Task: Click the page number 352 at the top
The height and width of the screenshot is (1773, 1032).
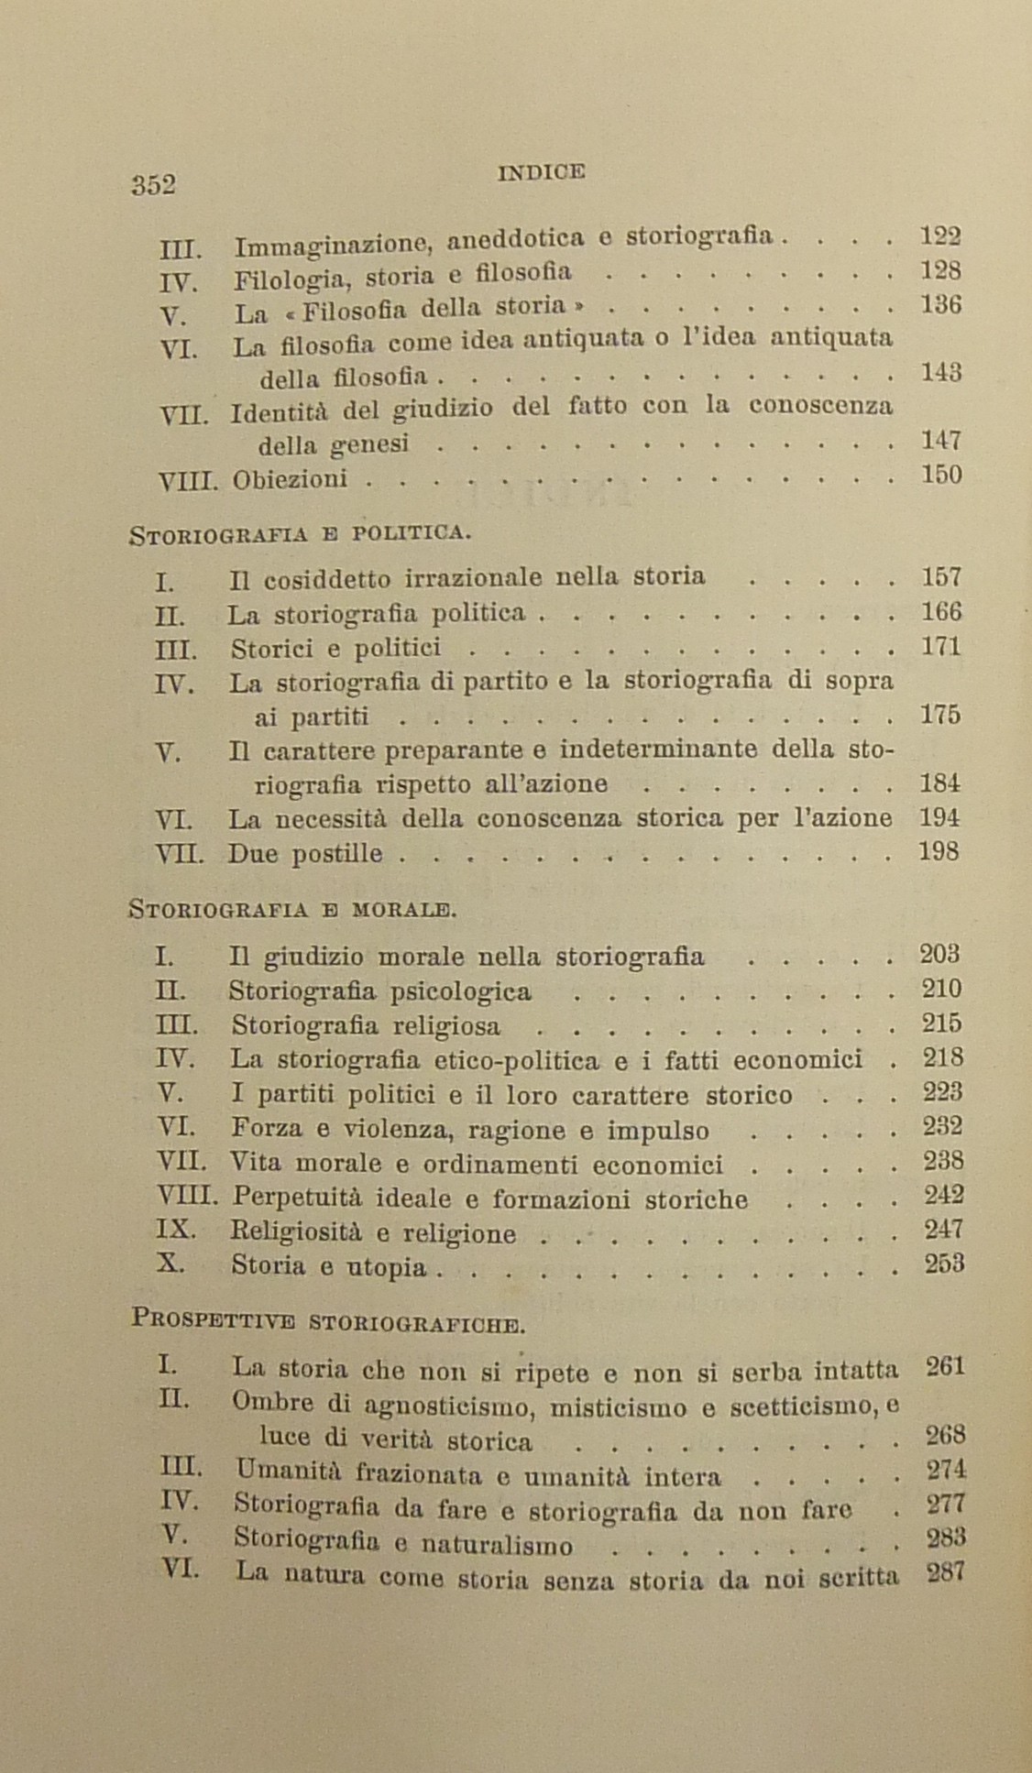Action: pyautogui.click(x=152, y=184)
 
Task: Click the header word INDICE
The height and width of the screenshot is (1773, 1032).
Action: pyautogui.click(x=541, y=170)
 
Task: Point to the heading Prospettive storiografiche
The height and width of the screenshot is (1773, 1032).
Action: pyautogui.click(x=327, y=1321)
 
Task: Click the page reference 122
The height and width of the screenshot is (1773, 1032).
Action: pyautogui.click(x=939, y=236)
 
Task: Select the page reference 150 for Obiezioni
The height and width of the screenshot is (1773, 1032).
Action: pyautogui.click(x=940, y=475)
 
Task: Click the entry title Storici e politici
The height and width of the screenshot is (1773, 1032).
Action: pyautogui.click(x=335, y=649)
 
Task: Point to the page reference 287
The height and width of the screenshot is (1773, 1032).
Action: pyautogui.click(x=944, y=1574)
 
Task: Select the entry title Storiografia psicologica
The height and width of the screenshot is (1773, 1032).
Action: pyautogui.click(x=379, y=991)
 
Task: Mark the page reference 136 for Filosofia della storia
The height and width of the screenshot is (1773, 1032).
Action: pyautogui.click(x=940, y=304)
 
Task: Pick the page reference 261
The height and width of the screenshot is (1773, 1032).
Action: pyautogui.click(x=944, y=1367)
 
